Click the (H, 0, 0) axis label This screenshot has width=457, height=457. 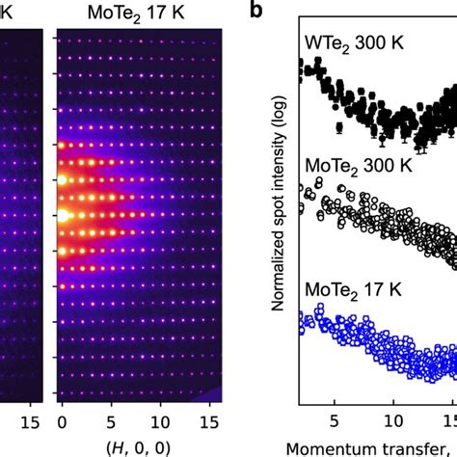coord(136,447)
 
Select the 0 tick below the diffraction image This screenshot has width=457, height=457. coord(64,420)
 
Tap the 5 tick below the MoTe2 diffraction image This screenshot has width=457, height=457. coord(111,420)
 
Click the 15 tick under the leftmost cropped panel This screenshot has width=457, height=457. coord(29,420)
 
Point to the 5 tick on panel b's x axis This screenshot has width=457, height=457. coord(334,420)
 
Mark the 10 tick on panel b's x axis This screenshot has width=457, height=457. coord(393,420)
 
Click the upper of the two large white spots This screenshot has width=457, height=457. coord(64,179)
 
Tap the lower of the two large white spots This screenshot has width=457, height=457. coord(64,216)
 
